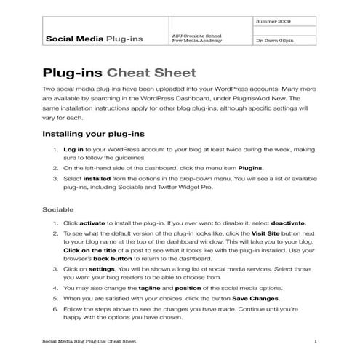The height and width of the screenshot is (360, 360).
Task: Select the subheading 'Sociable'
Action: pos(59,209)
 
